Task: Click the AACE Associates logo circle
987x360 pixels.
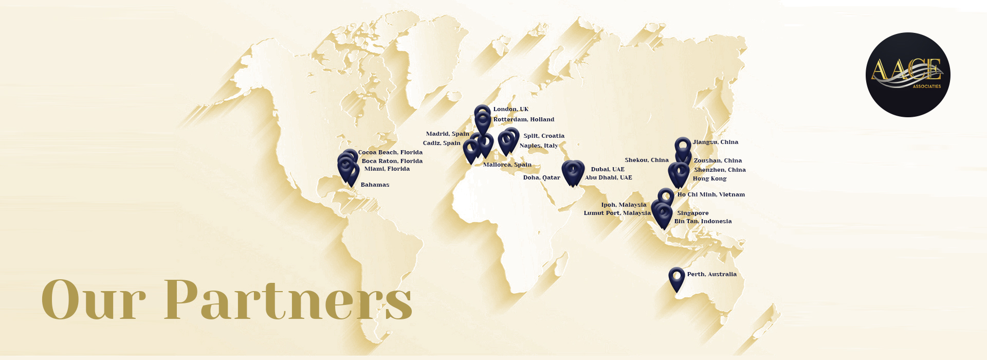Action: [x=908, y=75]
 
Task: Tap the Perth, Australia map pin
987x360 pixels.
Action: [x=677, y=278]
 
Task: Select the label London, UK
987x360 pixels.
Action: [x=510, y=109]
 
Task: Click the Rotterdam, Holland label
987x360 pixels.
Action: [x=523, y=119]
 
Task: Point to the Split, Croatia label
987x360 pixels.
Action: [x=544, y=136]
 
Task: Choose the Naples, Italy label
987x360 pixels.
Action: [x=538, y=146]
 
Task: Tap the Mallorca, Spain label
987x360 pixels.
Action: [x=507, y=165]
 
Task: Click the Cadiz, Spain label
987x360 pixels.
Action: [x=442, y=143]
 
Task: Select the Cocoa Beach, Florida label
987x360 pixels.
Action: [x=390, y=152]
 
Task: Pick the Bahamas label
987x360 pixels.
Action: [x=375, y=185]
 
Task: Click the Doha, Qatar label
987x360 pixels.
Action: [x=541, y=177]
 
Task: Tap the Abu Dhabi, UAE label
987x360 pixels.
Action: [x=608, y=177]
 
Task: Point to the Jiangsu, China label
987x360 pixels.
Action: [x=715, y=142]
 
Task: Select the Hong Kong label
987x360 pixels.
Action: [x=709, y=178]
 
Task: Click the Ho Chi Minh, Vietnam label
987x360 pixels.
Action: [x=711, y=194]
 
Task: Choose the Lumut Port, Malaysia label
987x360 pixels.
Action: [x=617, y=213]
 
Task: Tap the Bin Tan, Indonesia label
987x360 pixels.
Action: [x=703, y=221]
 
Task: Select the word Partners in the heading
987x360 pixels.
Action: [x=288, y=300]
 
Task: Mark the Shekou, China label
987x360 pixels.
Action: [x=646, y=160]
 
